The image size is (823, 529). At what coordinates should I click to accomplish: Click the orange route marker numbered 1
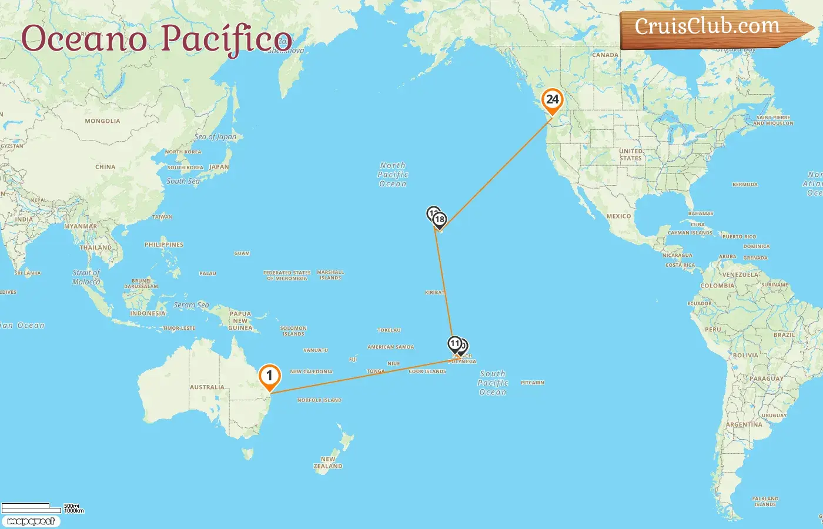coord(269,376)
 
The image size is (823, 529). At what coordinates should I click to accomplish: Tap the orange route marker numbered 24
coord(552,100)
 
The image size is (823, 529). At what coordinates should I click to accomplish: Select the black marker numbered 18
coord(440,220)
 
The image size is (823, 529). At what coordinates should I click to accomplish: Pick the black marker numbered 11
coord(454,344)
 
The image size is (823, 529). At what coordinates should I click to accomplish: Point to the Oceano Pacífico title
coord(156,39)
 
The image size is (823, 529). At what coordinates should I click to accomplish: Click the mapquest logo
coord(31,521)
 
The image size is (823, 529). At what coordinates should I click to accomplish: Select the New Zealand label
coord(328,463)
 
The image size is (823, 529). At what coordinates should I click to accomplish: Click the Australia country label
coord(207,387)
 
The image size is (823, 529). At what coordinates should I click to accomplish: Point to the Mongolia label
coord(102,121)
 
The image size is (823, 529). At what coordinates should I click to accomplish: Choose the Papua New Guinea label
coord(240,321)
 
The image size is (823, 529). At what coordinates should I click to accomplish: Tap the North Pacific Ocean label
coord(393,175)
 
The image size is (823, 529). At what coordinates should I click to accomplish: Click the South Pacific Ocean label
coord(493,383)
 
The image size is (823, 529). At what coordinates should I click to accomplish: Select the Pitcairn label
coord(533,383)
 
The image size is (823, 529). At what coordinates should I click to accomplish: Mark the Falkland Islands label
coord(765,501)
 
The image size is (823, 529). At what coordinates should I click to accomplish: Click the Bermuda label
coord(745,185)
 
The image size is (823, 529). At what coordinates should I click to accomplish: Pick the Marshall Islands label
coord(330,275)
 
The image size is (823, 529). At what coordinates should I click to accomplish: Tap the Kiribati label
coord(435,292)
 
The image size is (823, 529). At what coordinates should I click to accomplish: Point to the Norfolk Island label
coord(319,400)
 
